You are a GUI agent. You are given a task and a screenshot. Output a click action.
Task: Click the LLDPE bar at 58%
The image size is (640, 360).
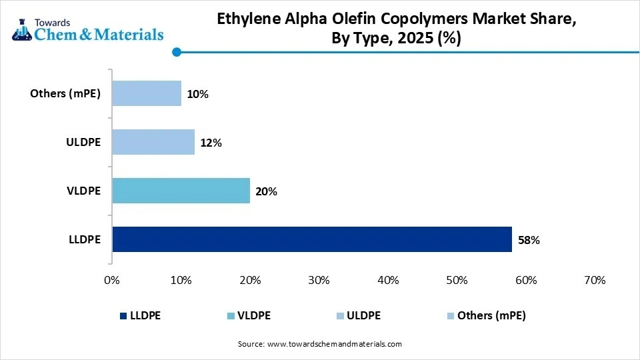[311, 239]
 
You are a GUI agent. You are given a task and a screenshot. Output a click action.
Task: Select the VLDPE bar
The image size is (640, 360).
[181, 191]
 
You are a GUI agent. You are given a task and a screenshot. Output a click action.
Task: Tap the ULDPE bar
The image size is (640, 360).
[153, 142]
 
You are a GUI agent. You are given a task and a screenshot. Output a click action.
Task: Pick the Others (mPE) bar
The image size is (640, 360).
[146, 93]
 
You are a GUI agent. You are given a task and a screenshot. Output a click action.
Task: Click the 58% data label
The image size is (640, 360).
[528, 240]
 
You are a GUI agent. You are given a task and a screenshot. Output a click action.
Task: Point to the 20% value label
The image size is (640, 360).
[266, 191]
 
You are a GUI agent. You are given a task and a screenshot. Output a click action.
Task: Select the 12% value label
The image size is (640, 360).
[211, 143]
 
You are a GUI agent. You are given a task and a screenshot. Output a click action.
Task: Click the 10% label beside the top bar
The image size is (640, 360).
[197, 94]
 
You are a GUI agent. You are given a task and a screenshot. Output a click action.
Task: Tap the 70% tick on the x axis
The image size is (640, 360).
[594, 281]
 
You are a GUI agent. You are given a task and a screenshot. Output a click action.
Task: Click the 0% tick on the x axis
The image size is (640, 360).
[112, 281]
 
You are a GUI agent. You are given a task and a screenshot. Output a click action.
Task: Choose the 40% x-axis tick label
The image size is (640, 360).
[388, 281]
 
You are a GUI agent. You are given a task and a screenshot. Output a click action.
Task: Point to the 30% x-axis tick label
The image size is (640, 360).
[319, 281]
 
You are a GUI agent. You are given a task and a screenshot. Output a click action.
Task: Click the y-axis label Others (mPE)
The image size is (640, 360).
[65, 93]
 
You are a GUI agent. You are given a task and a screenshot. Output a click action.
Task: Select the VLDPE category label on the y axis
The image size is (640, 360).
[84, 191]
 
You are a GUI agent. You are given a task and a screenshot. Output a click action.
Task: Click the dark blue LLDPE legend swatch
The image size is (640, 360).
[124, 316]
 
